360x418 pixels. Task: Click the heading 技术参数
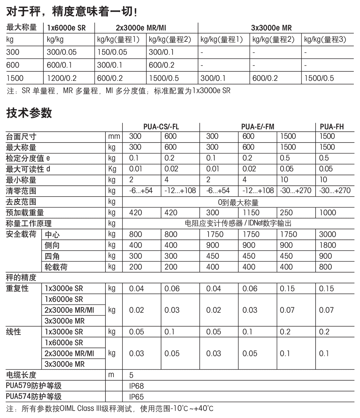tap(29, 113)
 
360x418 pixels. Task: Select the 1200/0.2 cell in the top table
tap(62, 78)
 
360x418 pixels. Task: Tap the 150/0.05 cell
tap(112, 52)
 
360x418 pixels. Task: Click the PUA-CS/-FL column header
tap(161, 126)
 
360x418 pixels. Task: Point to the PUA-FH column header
tap(332, 126)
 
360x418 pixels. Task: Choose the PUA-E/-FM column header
tap(257, 126)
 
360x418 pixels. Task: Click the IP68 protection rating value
tap(136, 386)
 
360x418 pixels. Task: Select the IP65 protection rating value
tap(136, 397)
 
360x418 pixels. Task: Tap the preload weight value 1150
tap(251, 213)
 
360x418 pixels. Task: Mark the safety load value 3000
tap(328, 234)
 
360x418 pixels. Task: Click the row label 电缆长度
tap(21, 375)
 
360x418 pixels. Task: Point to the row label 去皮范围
tap(21, 202)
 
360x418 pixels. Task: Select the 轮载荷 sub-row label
tap(56, 267)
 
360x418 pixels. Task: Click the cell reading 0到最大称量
tap(238, 202)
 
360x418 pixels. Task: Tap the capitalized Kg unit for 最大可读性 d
tap(112, 169)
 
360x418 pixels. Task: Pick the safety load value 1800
tap(328, 245)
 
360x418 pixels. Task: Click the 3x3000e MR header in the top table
tap(271, 28)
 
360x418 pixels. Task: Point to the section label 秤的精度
tap(21, 277)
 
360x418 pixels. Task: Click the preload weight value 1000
tap(328, 213)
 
